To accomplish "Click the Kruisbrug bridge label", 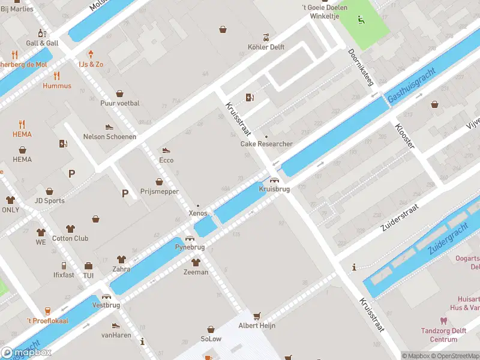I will coord(274,189).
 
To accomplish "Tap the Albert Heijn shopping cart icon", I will coord(257,316).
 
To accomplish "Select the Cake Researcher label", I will coord(266,144).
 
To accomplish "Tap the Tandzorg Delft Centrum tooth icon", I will coord(443,321).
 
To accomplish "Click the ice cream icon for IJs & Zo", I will coord(91,54).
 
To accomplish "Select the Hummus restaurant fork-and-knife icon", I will coord(57,76).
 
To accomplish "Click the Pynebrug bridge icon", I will coord(190,238).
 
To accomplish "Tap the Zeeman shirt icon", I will coord(196,262).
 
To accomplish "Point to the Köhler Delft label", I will coord(266,47).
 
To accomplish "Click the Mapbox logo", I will coord(26,353).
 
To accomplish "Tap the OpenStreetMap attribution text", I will coord(454,356).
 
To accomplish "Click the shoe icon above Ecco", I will coord(166,151).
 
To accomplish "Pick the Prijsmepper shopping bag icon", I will coord(160,181).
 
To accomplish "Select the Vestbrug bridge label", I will coord(106,305).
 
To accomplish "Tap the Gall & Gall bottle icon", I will coord(42,33).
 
